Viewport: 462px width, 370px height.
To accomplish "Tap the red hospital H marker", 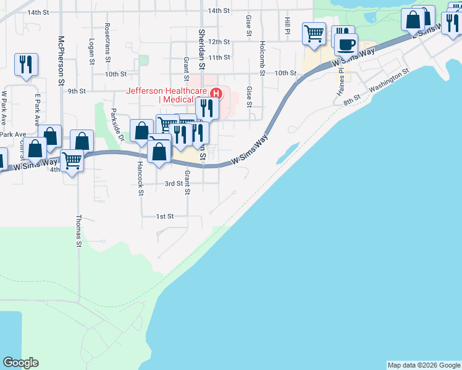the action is click(x=216, y=94).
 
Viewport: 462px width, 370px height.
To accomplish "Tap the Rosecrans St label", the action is click(x=107, y=38).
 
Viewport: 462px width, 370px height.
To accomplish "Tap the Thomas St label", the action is click(x=79, y=231).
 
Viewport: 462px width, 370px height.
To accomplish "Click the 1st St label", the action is click(x=164, y=216).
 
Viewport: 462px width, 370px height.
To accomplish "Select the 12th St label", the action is click(x=219, y=42).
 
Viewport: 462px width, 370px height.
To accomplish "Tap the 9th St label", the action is click(x=77, y=91).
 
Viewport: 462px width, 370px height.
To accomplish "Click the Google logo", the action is click(x=20, y=363).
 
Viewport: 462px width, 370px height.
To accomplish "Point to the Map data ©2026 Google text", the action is click(x=424, y=365).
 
